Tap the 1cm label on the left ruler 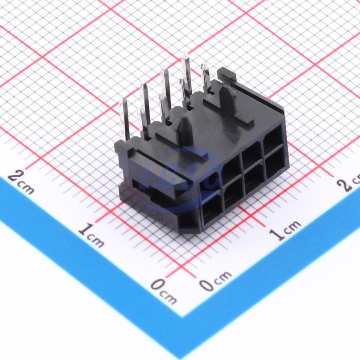91,235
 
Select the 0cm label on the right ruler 215,281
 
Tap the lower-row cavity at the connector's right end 274,164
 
